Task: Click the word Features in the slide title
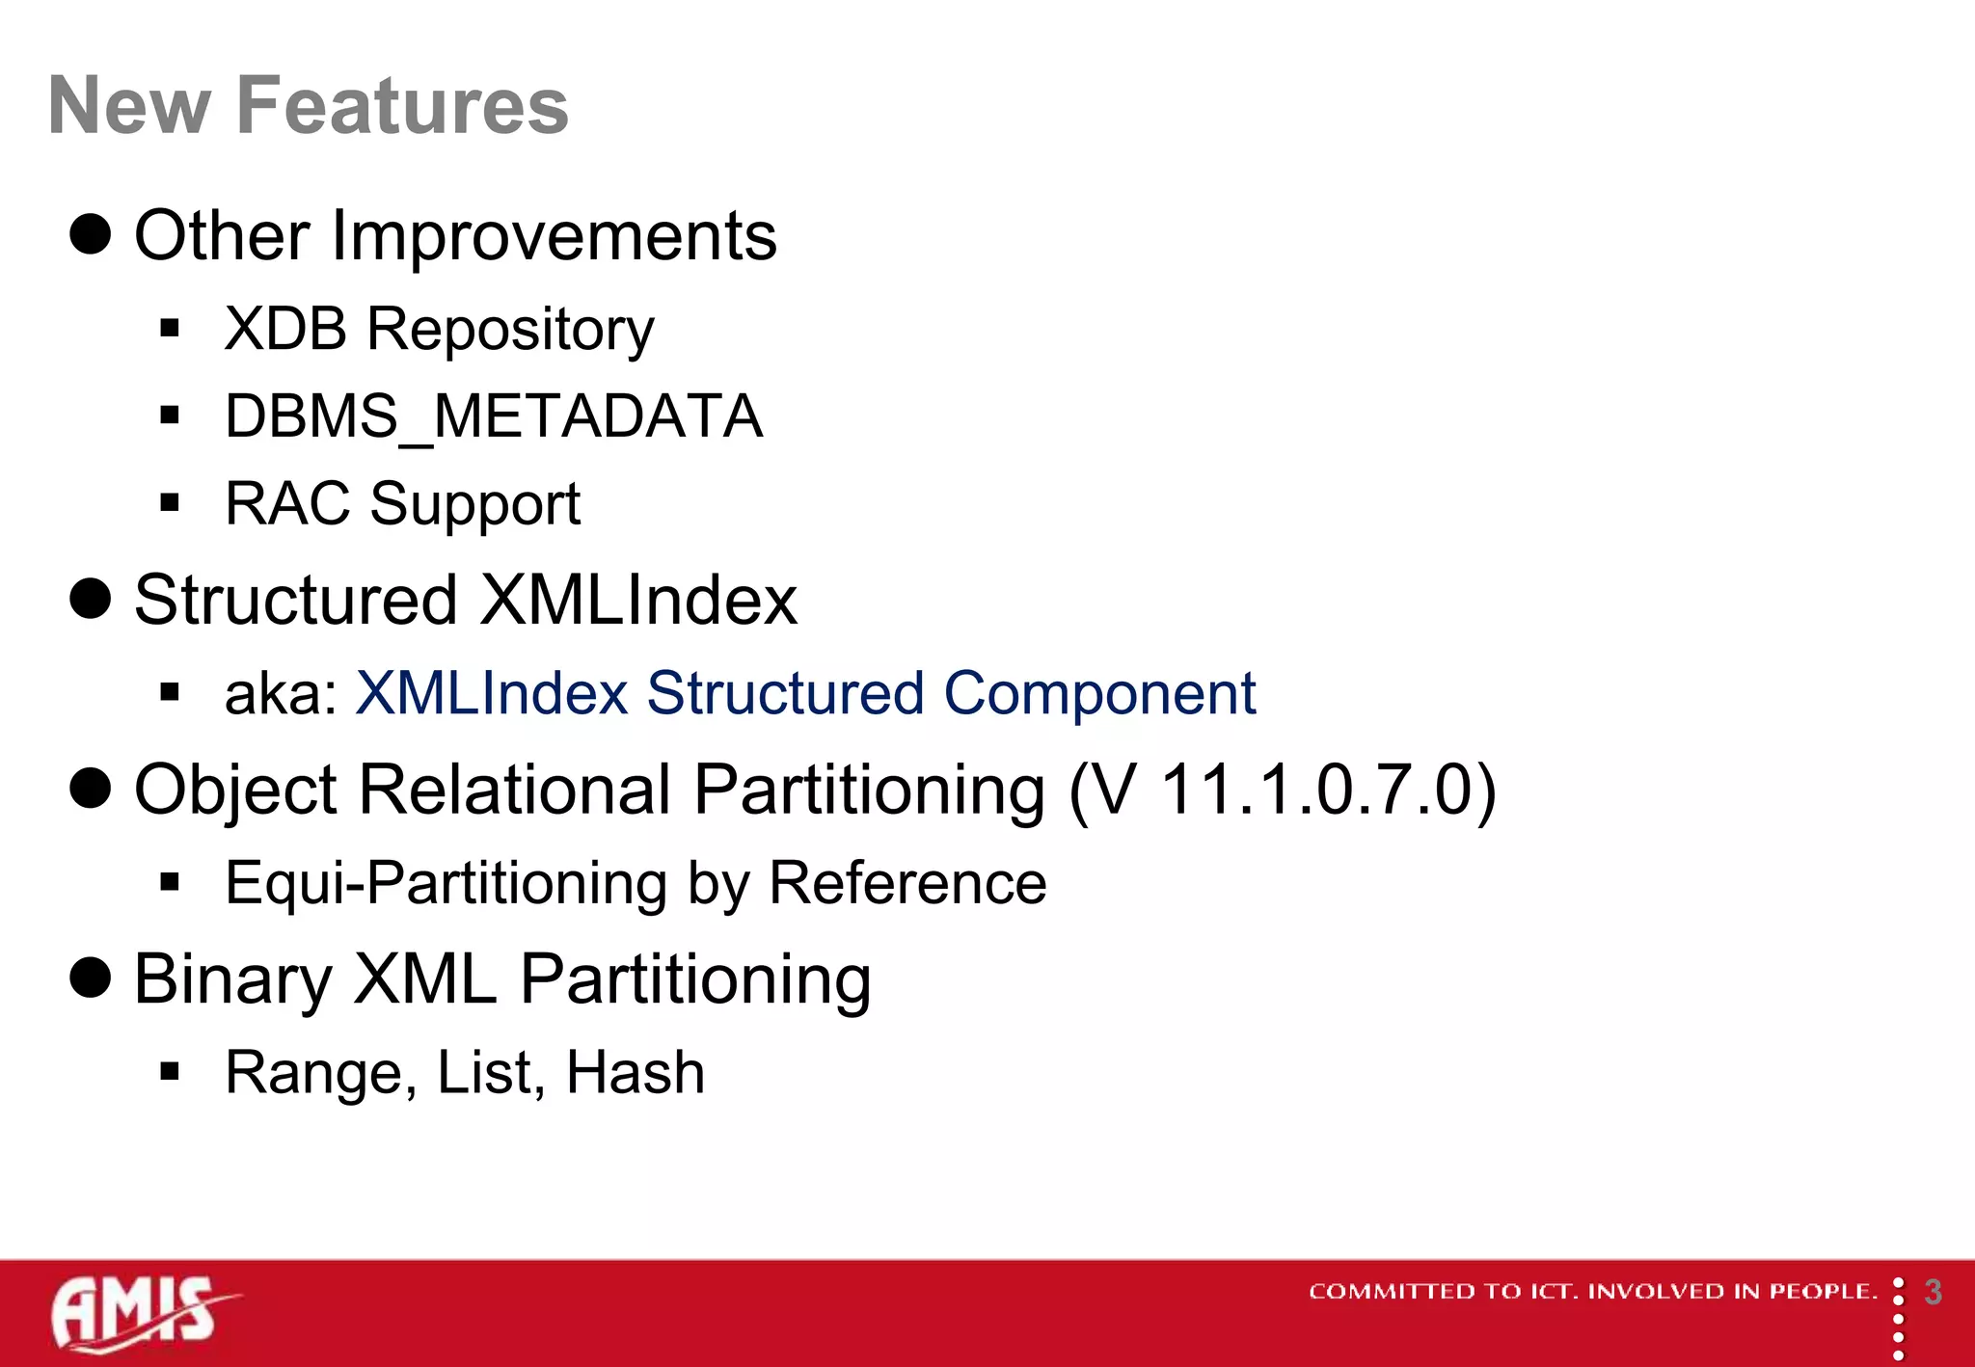[x=402, y=106]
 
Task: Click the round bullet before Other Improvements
[x=91, y=234]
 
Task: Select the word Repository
[x=510, y=330]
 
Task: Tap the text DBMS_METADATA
[x=493, y=416]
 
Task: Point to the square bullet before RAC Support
[x=171, y=502]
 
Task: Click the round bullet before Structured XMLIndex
[x=91, y=599]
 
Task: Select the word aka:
[x=281, y=694]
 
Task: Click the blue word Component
[x=1099, y=694]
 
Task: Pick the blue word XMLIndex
[x=492, y=694]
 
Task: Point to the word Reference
[x=907, y=883]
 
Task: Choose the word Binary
[x=232, y=979]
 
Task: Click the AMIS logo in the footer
[x=140, y=1313]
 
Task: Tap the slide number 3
[x=1933, y=1292]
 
